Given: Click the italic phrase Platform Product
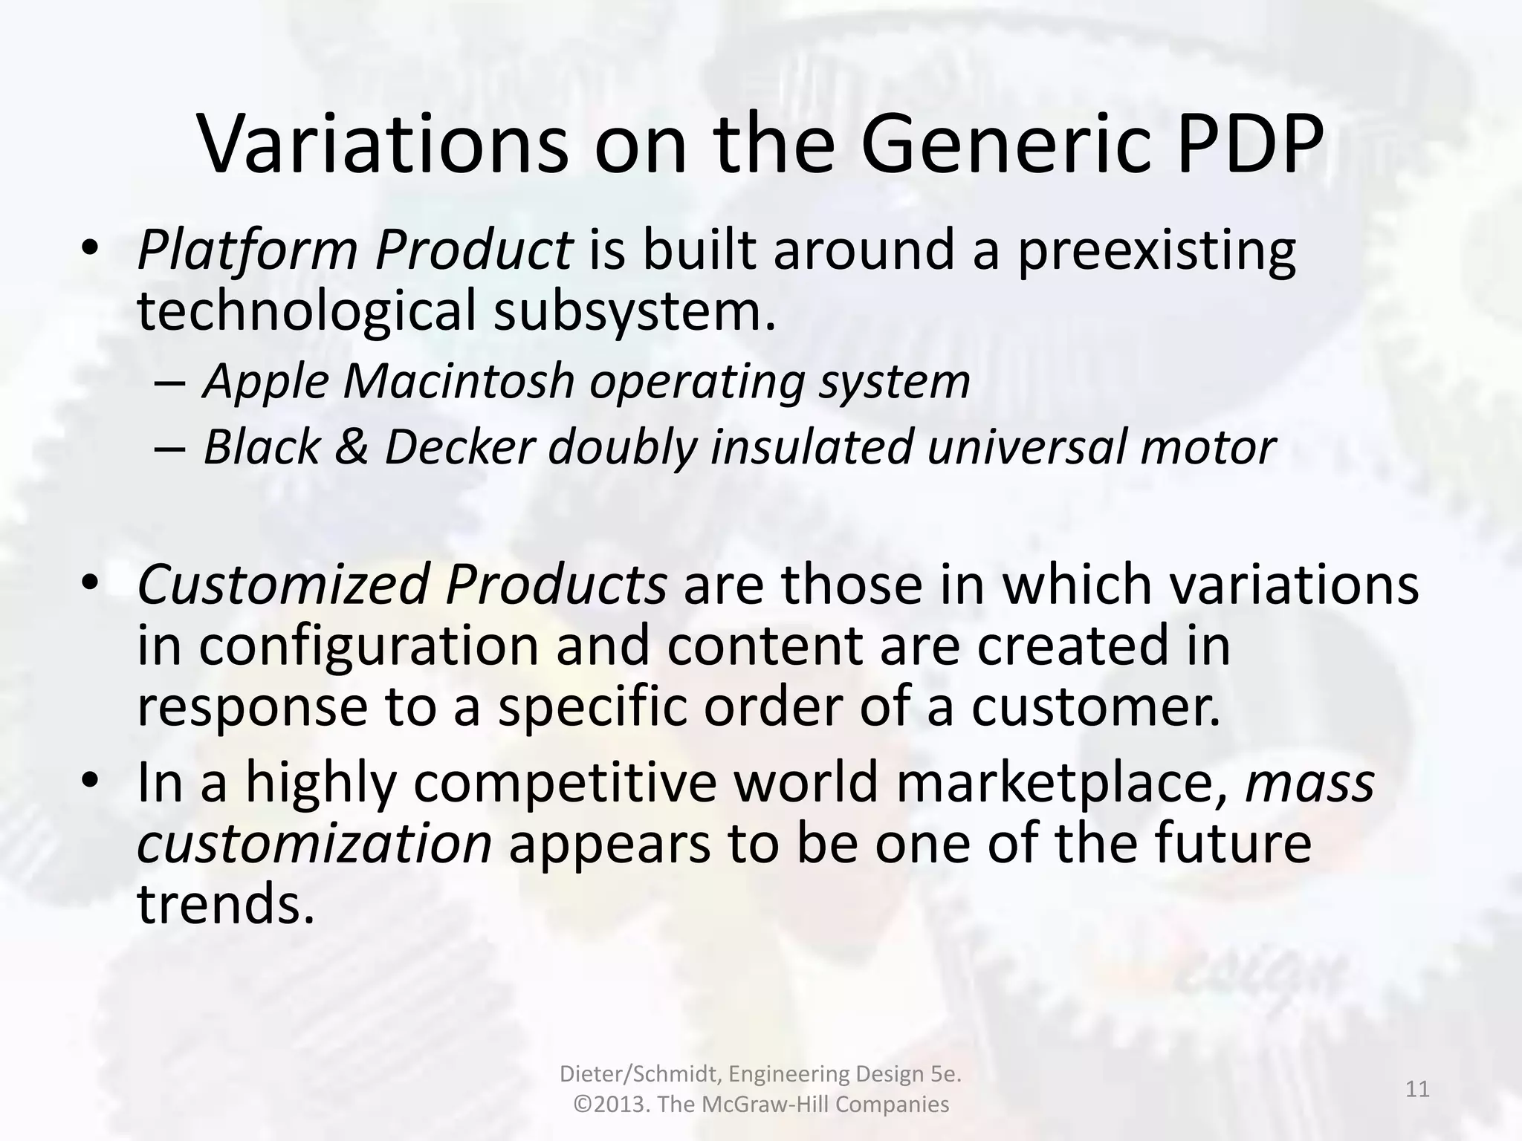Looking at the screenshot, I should pos(354,250).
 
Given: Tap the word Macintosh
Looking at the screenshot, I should pos(459,381).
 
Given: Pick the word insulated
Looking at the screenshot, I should pos(812,447).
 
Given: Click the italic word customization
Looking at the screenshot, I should pos(314,845).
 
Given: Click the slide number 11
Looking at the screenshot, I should pos(1417,1089).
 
